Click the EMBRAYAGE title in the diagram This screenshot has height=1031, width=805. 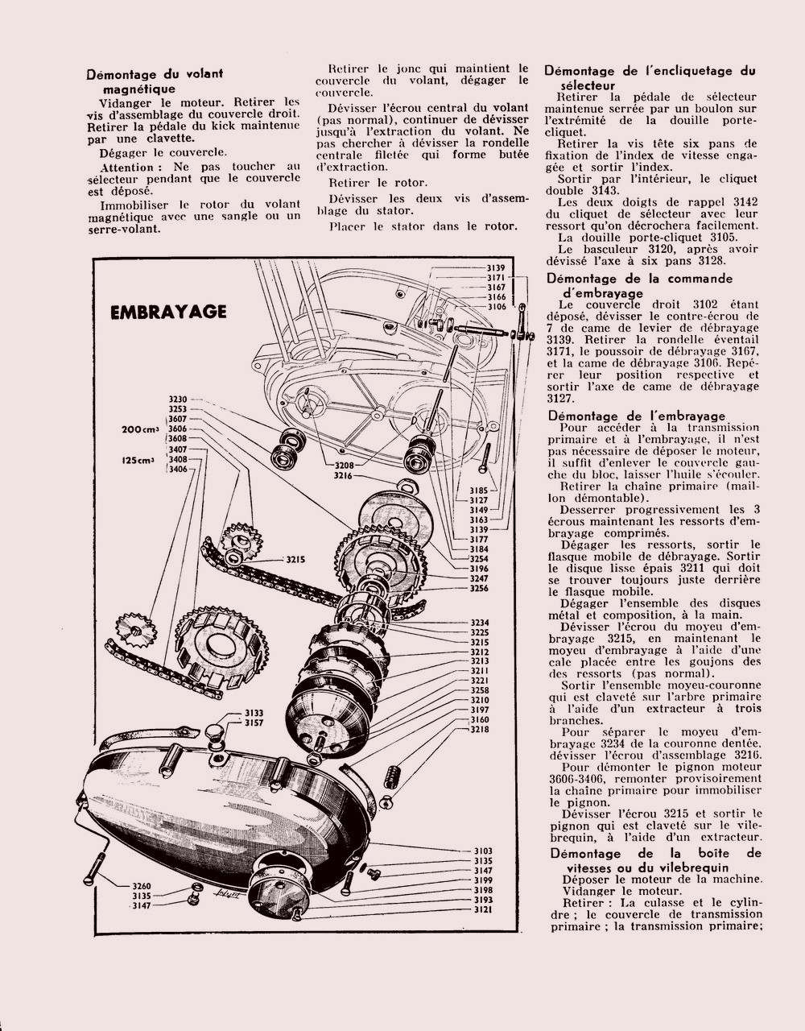(168, 312)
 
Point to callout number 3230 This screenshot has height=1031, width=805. (178, 400)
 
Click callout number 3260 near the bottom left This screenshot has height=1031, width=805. (142, 886)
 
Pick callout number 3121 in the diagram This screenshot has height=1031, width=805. (483, 909)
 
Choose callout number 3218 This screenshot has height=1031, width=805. (480, 730)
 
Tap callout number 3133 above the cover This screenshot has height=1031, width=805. (254, 714)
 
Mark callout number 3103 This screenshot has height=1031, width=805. (483, 851)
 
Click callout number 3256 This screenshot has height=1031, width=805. (480, 589)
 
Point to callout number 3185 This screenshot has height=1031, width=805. (480, 490)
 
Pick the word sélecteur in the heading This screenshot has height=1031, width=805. (585, 85)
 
